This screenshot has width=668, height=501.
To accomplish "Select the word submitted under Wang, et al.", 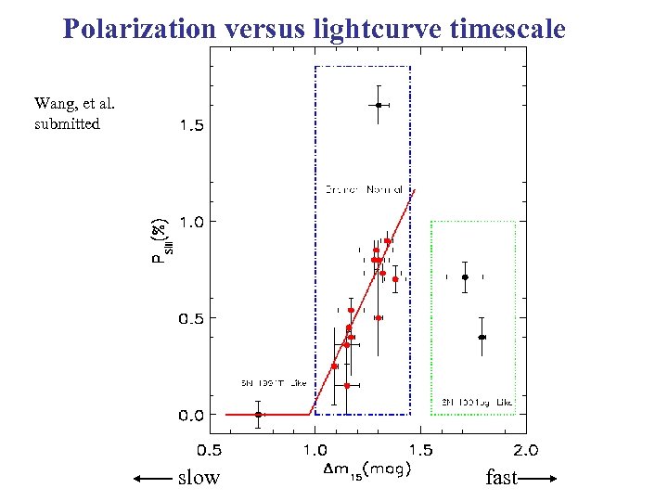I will [67, 123].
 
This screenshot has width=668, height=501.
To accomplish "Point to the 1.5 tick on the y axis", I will [191, 125].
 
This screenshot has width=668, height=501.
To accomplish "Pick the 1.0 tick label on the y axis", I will [191, 222].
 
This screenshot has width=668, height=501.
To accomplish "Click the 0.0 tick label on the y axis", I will [191, 415].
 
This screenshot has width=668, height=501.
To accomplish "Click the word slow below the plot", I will [199, 478].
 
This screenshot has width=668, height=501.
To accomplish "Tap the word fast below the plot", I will [501, 478].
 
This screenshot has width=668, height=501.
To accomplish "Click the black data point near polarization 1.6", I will [379, 106].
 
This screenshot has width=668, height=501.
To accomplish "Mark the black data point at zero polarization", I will [258, 415].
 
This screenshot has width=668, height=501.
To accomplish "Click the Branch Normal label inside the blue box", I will [364, 189].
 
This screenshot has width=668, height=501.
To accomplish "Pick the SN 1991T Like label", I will [268, 383].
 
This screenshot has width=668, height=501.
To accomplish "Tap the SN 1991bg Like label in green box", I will [477, 401].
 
